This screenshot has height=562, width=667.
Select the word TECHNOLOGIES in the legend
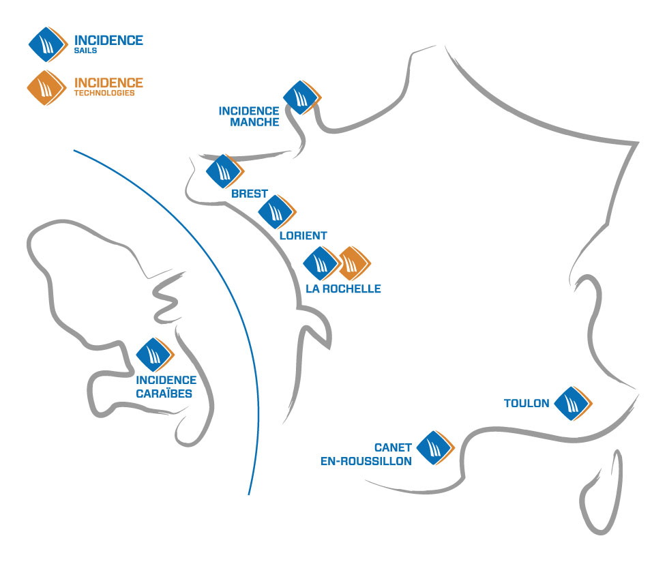coord(104,93)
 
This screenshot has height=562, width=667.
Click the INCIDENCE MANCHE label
coord(249,117)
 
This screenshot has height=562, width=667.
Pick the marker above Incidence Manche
coord(301,98)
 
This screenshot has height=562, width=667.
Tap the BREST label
coord(250,194)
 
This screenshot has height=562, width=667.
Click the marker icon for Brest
coord(224,171)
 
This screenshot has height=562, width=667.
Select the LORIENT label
coord(303,235)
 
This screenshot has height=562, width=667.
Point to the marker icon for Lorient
coord(276,212)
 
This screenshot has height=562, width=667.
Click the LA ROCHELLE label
coord(343,289)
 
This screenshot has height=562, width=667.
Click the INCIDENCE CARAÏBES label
coord(166,387)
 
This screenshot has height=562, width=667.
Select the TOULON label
coord(527,403)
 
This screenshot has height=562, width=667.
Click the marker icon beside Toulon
coord(572,404)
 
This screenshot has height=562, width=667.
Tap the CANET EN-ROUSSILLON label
coord(366,454)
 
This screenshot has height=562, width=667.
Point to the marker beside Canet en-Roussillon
coord(434,448)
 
